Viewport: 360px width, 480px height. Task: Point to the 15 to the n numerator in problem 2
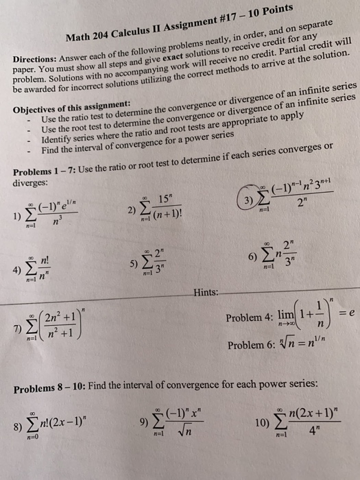click(x=165, y=198)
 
